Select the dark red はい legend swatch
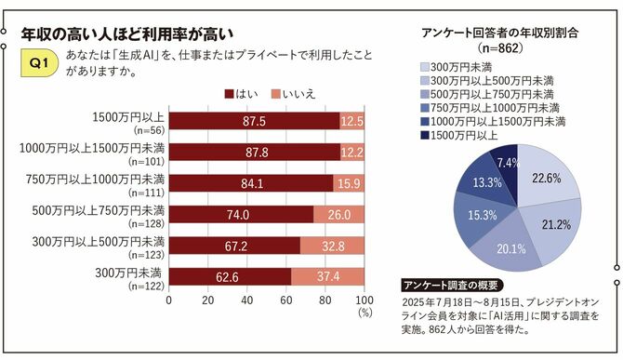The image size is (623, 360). pyautogui.click(x=230, y=93)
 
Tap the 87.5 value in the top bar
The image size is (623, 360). pyautogui.click(x=254, y=122)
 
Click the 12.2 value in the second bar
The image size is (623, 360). pyautogui.click(x=352, y=152)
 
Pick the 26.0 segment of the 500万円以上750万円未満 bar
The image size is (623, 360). pyautogui.click(x=338, y=214)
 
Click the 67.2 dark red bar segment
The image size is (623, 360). pyautogui.click(x=233, y=246)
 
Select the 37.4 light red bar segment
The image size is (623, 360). pyautogui.click(x=327, y=276)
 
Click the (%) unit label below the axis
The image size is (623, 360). pyautogui.click(x=364, y=313)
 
